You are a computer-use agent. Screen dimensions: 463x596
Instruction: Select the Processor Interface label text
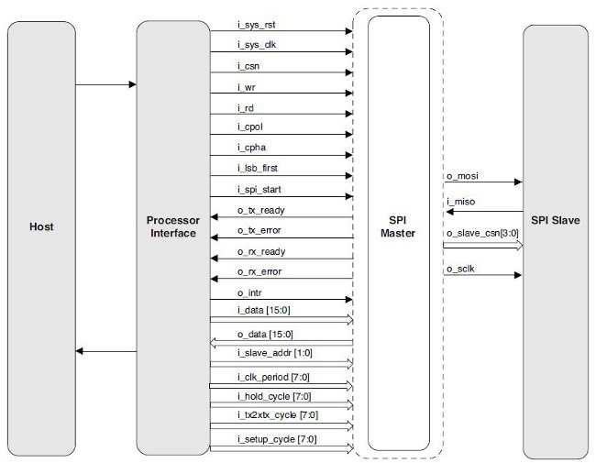pyautogui.click(x=173, y=226)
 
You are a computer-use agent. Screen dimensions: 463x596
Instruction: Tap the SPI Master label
pyautogui.click(x=398, y=226)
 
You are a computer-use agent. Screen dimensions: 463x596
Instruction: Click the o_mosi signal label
pyautogui.click(x=463, y=173)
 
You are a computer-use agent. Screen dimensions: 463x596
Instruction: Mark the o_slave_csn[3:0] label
pyautogui.click(x=481, y=234)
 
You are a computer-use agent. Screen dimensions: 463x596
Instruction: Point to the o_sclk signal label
pyautogui.click(x=462, y=266)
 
